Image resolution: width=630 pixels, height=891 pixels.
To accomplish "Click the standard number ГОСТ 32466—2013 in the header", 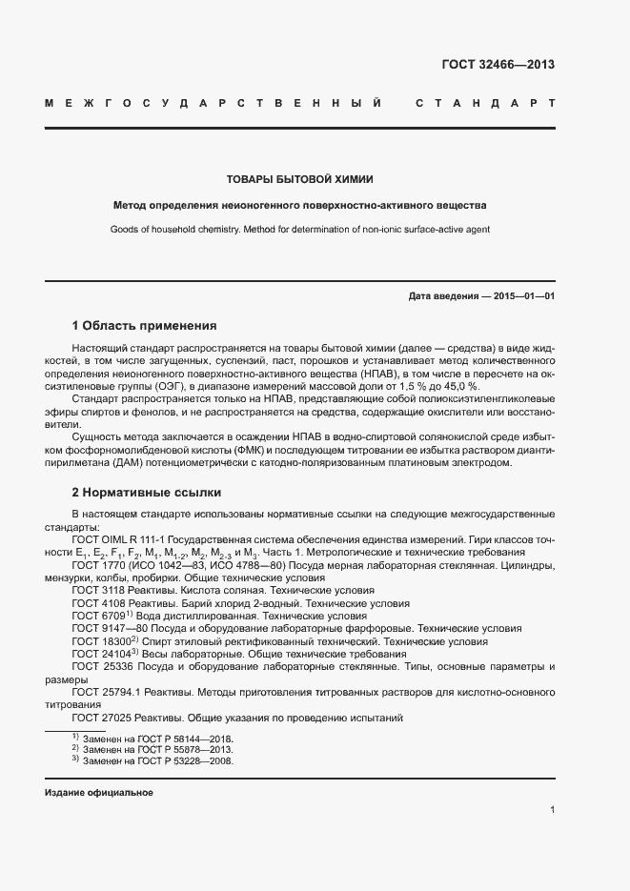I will (x=498, y=66).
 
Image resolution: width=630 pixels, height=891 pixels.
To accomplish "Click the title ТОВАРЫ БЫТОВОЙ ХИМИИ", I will (x=299, y=178).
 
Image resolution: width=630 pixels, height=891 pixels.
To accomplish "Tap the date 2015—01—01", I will (x=524, y=296).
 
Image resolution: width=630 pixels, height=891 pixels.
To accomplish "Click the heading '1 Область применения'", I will (x=144, y=326).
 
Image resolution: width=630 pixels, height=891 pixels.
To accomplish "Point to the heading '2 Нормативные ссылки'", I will (x=147, y=494).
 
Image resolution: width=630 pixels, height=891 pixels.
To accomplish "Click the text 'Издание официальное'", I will (x=99, y=793).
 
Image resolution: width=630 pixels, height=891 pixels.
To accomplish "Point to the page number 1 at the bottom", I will (x=552, y=809).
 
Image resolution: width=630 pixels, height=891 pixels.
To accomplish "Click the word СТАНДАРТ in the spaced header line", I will (x=485, y=102).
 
